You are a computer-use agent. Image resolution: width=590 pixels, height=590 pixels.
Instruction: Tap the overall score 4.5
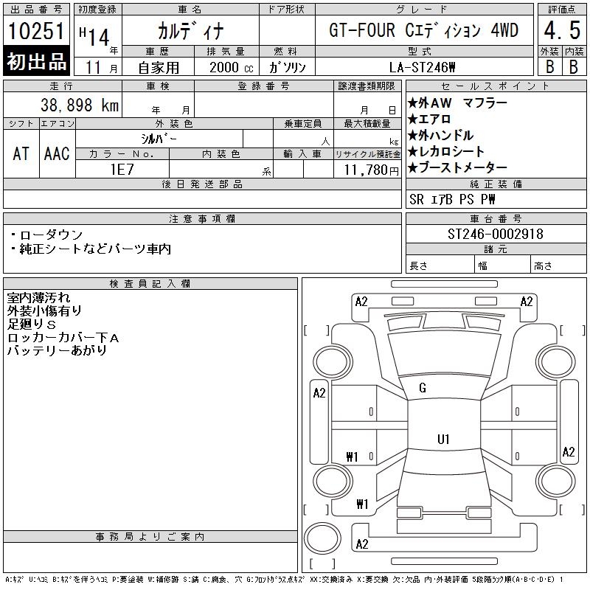click(x=561, y=32)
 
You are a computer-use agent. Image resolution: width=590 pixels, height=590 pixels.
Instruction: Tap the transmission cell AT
click(x=21, y=153)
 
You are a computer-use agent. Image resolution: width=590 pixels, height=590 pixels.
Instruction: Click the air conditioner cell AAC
click(x=57, y=153)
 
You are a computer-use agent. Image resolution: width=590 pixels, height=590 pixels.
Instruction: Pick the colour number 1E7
click(x=121, y=169)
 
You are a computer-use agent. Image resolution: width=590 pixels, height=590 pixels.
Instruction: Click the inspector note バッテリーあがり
click(x=57, y=350)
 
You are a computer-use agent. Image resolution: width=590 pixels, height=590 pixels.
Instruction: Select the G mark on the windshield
click(x=423, y=388)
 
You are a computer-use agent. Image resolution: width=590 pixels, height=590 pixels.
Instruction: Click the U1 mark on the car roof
click(x=443, y=440)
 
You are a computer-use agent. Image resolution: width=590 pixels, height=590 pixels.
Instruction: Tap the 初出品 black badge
click(x=36, y=62)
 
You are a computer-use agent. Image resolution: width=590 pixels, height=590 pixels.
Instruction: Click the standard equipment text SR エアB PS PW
click(x=452, y=199)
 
